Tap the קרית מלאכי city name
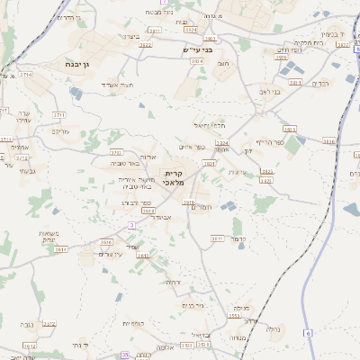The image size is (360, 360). coord(174,177)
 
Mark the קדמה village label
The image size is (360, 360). coord(238,240)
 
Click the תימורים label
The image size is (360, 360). coord(200,207)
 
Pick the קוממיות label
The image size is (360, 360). coord(134,322)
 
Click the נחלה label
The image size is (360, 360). coord(273,330)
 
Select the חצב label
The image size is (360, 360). coord(222,64)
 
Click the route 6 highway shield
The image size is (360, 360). coord(307,333)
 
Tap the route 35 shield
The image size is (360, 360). coord(126,355)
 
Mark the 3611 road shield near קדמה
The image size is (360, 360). coord(217,238)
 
